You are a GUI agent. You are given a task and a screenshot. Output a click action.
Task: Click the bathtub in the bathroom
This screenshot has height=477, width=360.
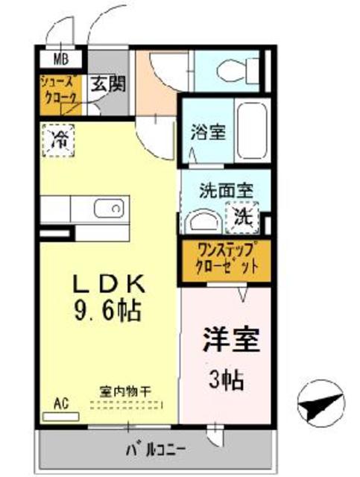[250, 131]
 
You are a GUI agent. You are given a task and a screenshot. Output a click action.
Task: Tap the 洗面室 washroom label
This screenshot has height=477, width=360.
[224, 191]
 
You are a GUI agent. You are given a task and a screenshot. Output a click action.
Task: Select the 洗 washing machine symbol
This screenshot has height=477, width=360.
[244, 217]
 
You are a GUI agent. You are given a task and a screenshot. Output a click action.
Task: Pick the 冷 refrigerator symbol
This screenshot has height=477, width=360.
[57, 139]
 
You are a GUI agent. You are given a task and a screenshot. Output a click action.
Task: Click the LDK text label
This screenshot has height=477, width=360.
[110, 284]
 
